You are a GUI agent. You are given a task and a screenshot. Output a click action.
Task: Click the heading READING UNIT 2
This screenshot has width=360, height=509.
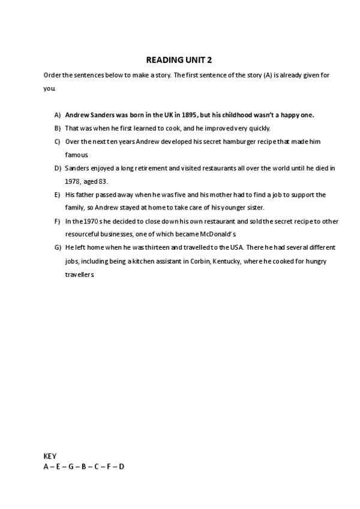pyautogui.click(x=179, y=60)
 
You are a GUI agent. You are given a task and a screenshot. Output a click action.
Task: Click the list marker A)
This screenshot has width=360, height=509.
pyautogui.click(x=57, y=115)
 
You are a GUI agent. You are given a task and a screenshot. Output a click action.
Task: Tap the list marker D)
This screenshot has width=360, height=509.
pyautogui.click(x=57, y=168)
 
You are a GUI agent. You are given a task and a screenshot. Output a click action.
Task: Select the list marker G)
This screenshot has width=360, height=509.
pyautogui.click(x=57, y=247)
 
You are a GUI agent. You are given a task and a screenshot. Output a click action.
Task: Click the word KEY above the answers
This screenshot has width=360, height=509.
pyautogui.click(x=50, y=456)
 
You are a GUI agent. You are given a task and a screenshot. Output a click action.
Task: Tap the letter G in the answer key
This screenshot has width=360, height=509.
pyautogui.click(x=71, y=466)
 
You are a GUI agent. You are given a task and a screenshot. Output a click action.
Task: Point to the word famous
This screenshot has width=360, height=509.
pyautogui.click(x=76, y=155)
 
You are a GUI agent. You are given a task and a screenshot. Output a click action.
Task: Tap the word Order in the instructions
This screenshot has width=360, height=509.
pyautogui.click(x=52, y=75)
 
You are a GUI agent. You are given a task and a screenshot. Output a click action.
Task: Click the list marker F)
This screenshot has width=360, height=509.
pyautogui.click(x=57, y=221)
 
